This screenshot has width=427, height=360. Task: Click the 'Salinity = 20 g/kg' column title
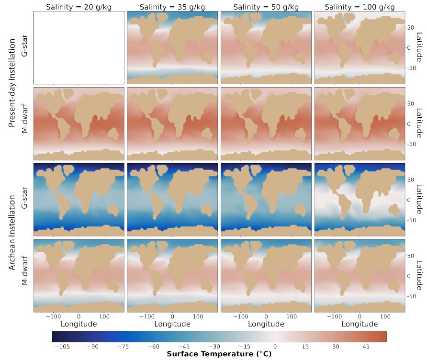79,7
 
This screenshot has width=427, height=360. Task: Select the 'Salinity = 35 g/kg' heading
172,7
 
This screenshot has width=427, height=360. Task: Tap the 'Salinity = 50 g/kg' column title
266,7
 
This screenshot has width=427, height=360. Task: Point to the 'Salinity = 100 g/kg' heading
360,7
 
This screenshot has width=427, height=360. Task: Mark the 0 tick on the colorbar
275,346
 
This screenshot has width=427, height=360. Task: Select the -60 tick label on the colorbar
153,346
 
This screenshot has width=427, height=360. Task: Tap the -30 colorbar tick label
214,346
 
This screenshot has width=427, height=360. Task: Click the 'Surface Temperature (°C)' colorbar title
219,354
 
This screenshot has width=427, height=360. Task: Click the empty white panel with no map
79,47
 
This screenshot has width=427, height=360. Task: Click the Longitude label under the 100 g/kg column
360,324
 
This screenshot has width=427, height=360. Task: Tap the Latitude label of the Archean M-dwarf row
419,276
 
